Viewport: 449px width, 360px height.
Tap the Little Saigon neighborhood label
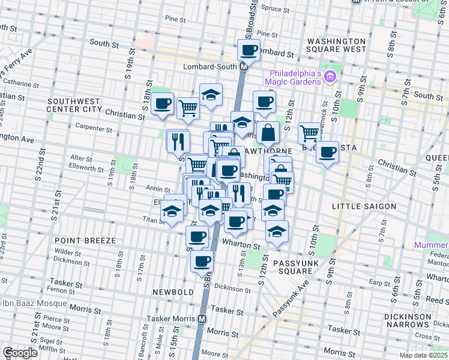tap(364, 206)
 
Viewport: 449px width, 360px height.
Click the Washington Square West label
tap(336, 45)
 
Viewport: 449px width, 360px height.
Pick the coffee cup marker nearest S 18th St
tap(162, 104)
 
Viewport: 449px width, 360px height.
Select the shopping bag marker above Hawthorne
tap(268, 133)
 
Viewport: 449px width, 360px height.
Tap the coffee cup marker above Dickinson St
tap(202, 260)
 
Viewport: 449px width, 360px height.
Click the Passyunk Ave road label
tap(292, 298)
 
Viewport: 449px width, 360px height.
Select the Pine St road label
tap(175, 20)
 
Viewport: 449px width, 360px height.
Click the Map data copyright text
tap(424, 355)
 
